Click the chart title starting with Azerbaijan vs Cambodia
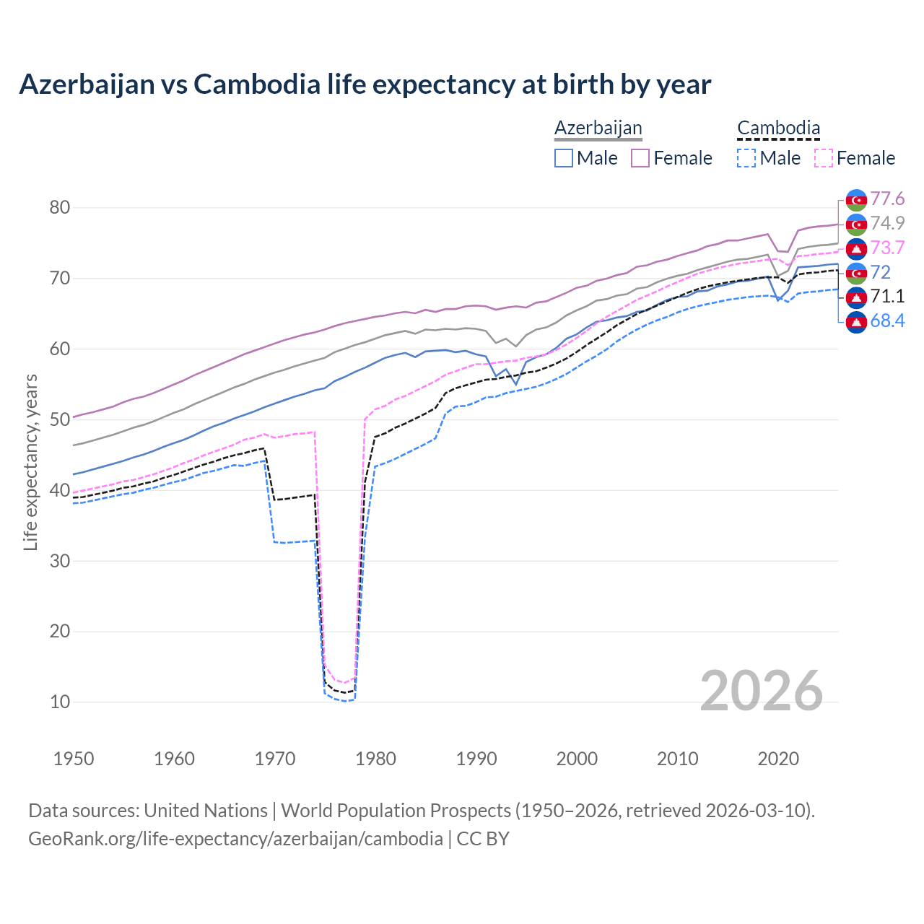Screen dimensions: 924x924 click(365, 84)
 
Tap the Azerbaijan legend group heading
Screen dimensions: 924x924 click(598, 128)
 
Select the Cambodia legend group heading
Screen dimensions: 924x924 click(778, 128)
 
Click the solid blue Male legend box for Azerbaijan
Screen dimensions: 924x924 click(564, 158)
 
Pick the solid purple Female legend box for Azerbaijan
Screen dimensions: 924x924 click(640, 158)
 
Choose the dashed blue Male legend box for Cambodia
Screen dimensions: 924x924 click(746, 158)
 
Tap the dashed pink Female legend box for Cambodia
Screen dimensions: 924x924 click(824, 158)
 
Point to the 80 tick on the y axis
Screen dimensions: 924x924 click(60, 208)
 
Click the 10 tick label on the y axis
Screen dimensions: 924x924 click(60, 702)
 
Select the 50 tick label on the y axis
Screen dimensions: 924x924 click(60, 419)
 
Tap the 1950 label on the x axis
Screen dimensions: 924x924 click(74, 759)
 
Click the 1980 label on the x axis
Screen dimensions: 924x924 click(375, 759)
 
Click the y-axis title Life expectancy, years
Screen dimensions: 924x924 click(30, 462)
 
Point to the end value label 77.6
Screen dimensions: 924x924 click(887, 199)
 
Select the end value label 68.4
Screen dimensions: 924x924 click(887, 321)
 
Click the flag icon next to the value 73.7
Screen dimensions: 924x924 click(856, 248)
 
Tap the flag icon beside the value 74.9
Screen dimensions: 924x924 click(856, 224)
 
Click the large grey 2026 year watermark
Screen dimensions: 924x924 click(761, 691)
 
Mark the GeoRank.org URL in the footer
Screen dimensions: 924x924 click(235, 839)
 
